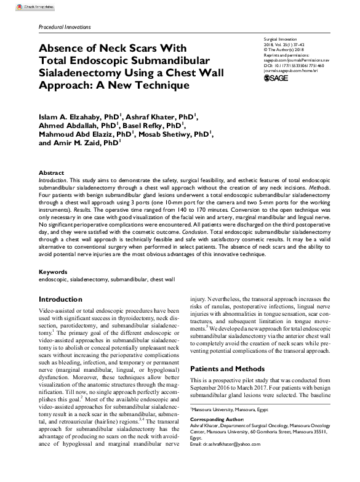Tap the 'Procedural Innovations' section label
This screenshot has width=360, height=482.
[x=65, y=28]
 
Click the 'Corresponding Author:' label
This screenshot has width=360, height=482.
[x=217, y=419]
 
